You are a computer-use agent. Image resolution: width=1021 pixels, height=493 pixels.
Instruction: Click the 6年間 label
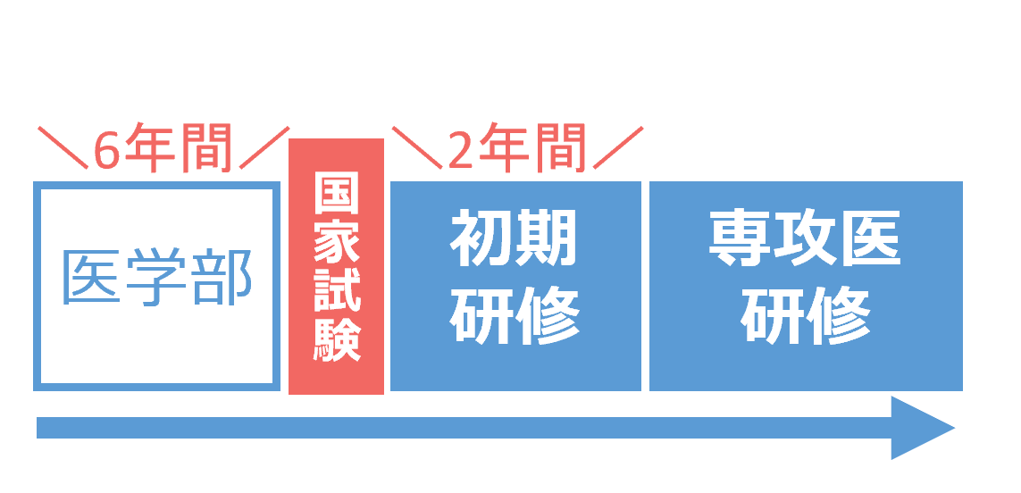click(x=163, y=148)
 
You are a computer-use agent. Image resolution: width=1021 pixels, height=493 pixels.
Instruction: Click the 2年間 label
click(x=516, y=148)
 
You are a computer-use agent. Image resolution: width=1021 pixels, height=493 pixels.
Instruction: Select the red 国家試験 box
click(x=336, y=266)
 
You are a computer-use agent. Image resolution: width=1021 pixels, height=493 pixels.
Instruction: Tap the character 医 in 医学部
click(x=91, y=278)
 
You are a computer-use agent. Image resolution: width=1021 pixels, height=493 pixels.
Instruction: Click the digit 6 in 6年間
click(x=106, y=150)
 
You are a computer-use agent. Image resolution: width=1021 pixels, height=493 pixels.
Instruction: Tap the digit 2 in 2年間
click(x=460, y=150)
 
